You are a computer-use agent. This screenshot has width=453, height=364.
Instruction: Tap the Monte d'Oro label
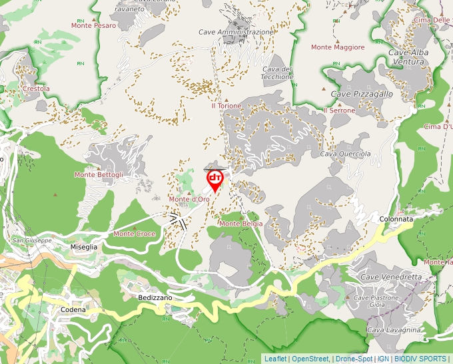click(x=189, y=200)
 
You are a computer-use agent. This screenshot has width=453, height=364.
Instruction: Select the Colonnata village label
click(x=396, y=219)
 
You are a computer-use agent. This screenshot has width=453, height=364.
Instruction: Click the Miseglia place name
click(x=84, y=247)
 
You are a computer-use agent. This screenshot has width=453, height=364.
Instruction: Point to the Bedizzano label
click(x=156, y=297)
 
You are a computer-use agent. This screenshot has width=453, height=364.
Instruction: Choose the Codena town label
click(x=73, y=310)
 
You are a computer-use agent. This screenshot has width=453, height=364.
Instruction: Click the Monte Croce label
click(x=135, y=234)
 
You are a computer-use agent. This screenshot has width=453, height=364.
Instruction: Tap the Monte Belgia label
click(x=240, y=224)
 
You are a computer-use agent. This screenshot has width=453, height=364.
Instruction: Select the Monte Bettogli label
click(x=99, y=175)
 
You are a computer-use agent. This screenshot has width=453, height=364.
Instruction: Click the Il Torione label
click(x=226, y=106)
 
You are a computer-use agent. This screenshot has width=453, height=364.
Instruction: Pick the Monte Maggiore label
click(x=338, y=47)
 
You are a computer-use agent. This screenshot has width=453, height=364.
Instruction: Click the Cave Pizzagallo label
click(x=362, y=94)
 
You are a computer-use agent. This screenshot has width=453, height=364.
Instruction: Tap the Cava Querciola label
click(x=345, y=154)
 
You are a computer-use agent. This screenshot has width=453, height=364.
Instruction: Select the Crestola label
click(x=36, y=89)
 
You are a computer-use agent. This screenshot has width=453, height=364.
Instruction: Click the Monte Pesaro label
click(x=94, y=25)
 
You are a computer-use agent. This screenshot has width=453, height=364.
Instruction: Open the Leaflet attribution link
click(x=275, y=359)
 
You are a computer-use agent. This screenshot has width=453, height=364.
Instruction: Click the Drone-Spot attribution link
click(x=354, y=359)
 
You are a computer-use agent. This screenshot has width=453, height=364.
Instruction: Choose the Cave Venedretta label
click(x=390, y=277)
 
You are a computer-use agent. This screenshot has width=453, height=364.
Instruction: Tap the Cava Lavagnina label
click(x=394, y=330)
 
